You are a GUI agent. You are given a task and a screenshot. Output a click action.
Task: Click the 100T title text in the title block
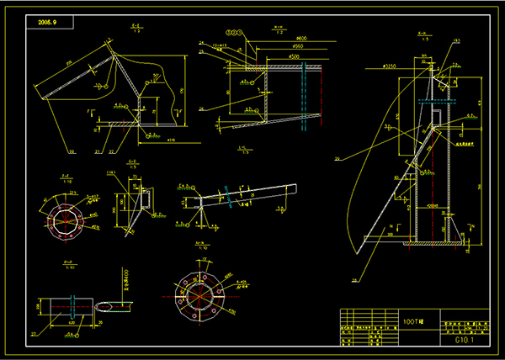tap(413, 321)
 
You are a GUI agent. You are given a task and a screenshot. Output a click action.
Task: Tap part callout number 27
tap(35, 335)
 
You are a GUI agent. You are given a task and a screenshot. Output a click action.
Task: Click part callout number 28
tap(354, 281)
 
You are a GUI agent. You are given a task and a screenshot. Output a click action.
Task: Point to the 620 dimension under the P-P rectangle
tap(71, 323)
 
